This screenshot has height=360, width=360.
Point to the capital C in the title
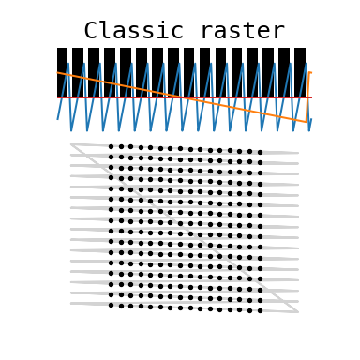coord(91,31)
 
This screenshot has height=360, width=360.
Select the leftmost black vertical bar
coord(62,71)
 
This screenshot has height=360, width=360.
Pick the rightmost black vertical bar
coord(300,71)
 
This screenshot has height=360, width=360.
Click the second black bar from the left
coord(78,71)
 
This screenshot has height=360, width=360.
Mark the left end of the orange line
coord(57,72)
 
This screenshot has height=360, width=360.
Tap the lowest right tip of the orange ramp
coord(307,122)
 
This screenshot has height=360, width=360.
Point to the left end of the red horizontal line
coord(57,97)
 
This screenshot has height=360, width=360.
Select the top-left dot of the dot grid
coord(110,146)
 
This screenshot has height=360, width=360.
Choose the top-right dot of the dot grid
coord(260,152)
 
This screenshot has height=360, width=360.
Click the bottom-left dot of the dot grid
coord(110,305)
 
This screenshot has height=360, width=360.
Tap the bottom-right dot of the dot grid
coord(260,310)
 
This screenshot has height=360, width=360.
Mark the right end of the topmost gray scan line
coord(298,153)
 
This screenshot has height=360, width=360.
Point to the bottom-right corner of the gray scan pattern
coord(298,311)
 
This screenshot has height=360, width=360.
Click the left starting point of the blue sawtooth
coord(57,119)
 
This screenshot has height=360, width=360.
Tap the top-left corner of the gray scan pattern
coord(71,144)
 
